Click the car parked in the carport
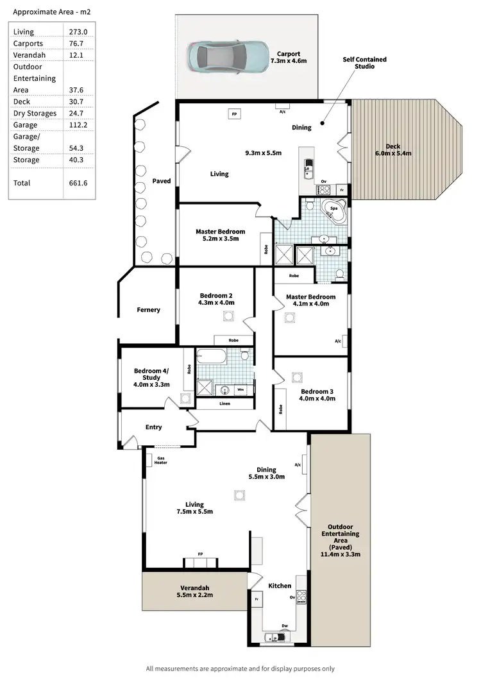228,56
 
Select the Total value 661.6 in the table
78,183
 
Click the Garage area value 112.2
78,125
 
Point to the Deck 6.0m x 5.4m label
393,149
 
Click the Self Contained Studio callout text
365,63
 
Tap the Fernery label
148,310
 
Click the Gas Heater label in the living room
160,460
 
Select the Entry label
154,427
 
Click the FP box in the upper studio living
235,114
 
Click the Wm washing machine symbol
240,389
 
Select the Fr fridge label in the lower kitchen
256,599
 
